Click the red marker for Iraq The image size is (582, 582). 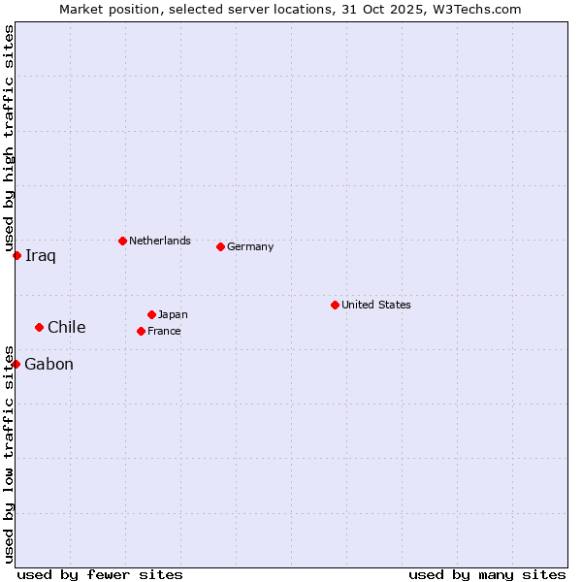tap(16, 255)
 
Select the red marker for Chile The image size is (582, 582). tap(39, 327)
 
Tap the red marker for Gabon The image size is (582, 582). tap(16, 364)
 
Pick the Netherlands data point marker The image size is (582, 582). tap(122, 241)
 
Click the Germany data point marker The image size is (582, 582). tap(220, 246)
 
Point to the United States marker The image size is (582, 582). tap(335, 305)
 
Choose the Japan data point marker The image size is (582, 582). tap(151, 314)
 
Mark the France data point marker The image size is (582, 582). tap(141, 331)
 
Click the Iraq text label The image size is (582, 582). tap(41, 256)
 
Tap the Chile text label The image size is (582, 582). tap(66, 327)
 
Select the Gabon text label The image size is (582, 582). tap(48, 365)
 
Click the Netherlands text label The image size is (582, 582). tap(160, 241)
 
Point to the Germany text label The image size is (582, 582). tap(250, 246)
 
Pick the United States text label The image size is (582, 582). tap(376, 305)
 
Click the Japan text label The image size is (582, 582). tap(173, 314)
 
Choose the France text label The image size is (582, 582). tap(164, 331)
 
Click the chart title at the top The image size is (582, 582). tap(290, 9)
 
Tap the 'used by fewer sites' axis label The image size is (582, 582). tap(100, 574)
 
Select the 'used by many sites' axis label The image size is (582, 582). tap(487, 574)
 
